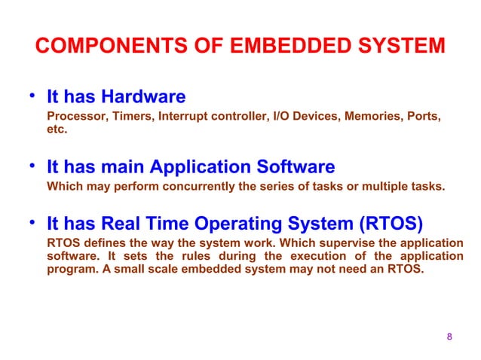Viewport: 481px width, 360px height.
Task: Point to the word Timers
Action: [125, 117]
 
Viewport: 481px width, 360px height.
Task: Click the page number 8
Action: [449, 336]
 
